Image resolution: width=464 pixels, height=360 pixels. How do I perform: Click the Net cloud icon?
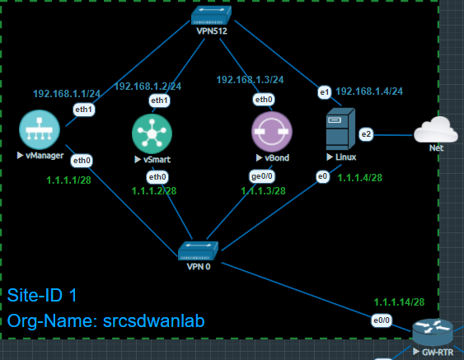point(435,131)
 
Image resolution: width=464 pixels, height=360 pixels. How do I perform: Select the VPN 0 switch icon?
point(198,250)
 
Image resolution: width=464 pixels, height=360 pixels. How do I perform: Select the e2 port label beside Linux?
point(367,133)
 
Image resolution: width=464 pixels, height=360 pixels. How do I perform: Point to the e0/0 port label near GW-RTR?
point(382,320)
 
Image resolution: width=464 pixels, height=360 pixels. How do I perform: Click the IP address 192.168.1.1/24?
point(67,93)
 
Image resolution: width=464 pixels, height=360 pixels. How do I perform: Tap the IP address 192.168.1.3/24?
point(250,80)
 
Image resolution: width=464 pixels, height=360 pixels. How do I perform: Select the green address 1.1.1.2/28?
point(154,191)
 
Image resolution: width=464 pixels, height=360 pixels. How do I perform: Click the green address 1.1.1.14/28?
point(400,302)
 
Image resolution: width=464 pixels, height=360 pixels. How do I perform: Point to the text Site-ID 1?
point(43,295)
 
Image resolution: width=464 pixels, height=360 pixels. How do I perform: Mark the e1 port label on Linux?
point(324,92)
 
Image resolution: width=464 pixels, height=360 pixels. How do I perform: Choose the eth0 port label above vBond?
point(264,100)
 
